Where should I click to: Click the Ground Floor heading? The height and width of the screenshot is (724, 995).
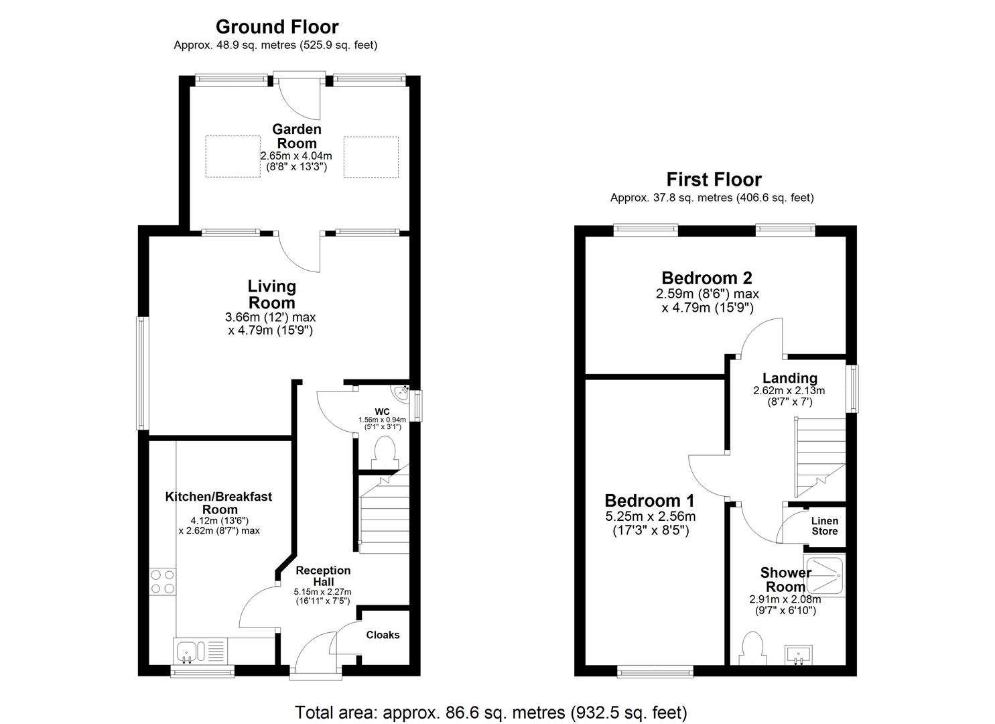click(x=277, y=27)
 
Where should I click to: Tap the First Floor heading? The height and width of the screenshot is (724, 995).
click(x=714, y=180)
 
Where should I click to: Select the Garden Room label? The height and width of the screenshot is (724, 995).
click(x=296, y=136)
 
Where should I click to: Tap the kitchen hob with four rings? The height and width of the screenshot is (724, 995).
click(x=163, y=581)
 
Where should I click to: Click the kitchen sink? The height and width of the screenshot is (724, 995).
click(x=188, y=650)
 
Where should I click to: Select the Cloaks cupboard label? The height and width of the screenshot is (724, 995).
click(x=383, y=635)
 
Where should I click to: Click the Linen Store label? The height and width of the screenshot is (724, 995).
click(x=824, y=526)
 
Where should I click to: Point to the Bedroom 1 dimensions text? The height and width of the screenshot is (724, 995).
click(x=650, y=524)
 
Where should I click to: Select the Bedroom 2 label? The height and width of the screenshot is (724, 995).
click(x=706, y=278)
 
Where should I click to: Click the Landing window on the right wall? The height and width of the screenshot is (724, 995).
click(x=852, y=389)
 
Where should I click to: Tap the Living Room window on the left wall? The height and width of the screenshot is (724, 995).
click(x=141, y=373)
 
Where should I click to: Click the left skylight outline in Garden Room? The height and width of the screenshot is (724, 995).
click(x=233, y=157)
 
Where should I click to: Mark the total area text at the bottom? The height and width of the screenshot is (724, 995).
click(x=490, y=712)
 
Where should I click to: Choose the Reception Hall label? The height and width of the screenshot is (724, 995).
click(x=322, y=576)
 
